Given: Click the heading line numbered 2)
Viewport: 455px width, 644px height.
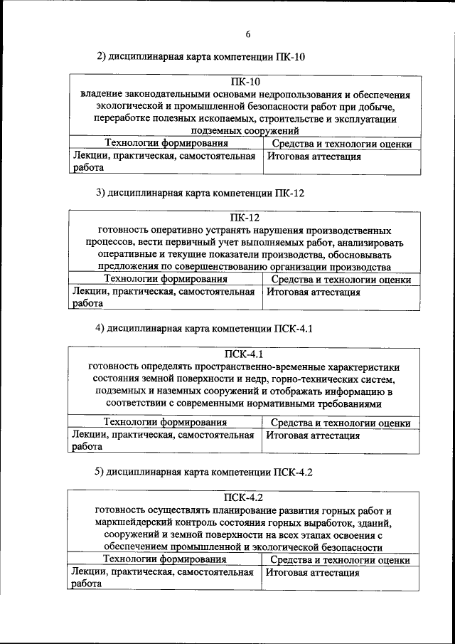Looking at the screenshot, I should pyautogui.click(x=200, y=57).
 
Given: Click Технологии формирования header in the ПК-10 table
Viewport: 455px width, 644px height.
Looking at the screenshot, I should pyautogui.click(x=166, y=144).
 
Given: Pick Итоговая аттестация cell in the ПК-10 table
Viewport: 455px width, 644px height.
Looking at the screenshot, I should pyautogui.click(x=314, y=157).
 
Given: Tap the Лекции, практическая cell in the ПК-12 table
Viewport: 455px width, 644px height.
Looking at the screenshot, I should pyautogui.click(x=163, y=292).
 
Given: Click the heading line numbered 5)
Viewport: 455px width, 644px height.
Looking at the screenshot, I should pyautogui.click(x=204, y=472).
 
